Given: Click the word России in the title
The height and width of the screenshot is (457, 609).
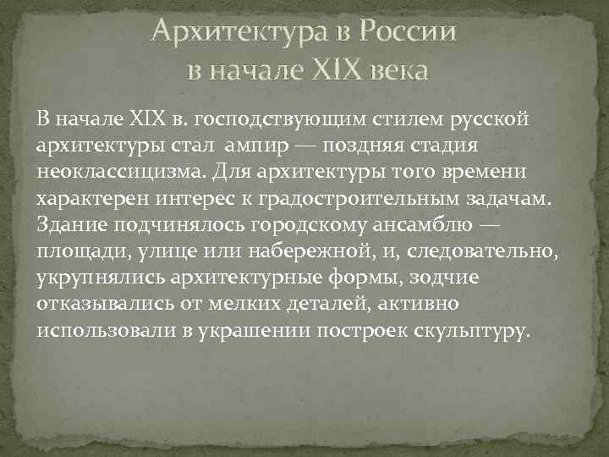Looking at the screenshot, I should click(409, 31).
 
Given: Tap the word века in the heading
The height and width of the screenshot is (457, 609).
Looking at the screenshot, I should click(398, 69).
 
